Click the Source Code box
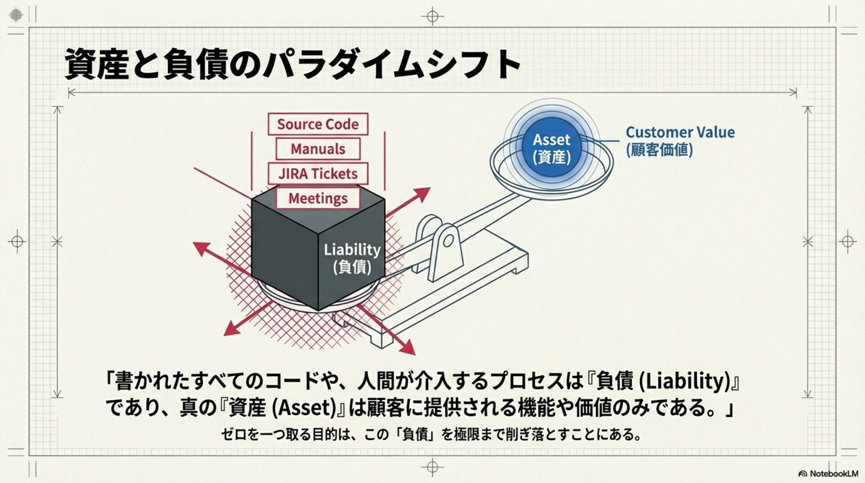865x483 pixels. pos(318,124)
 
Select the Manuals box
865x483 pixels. pos(318,149)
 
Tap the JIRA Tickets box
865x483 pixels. pos(318,173)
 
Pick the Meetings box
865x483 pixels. pos(318,198)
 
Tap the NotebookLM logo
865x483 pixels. pos(828,474)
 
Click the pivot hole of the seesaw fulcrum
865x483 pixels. pos(448,241)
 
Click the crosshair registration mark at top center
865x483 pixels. pos(432,17)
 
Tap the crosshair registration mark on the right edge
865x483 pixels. pos(847,241)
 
